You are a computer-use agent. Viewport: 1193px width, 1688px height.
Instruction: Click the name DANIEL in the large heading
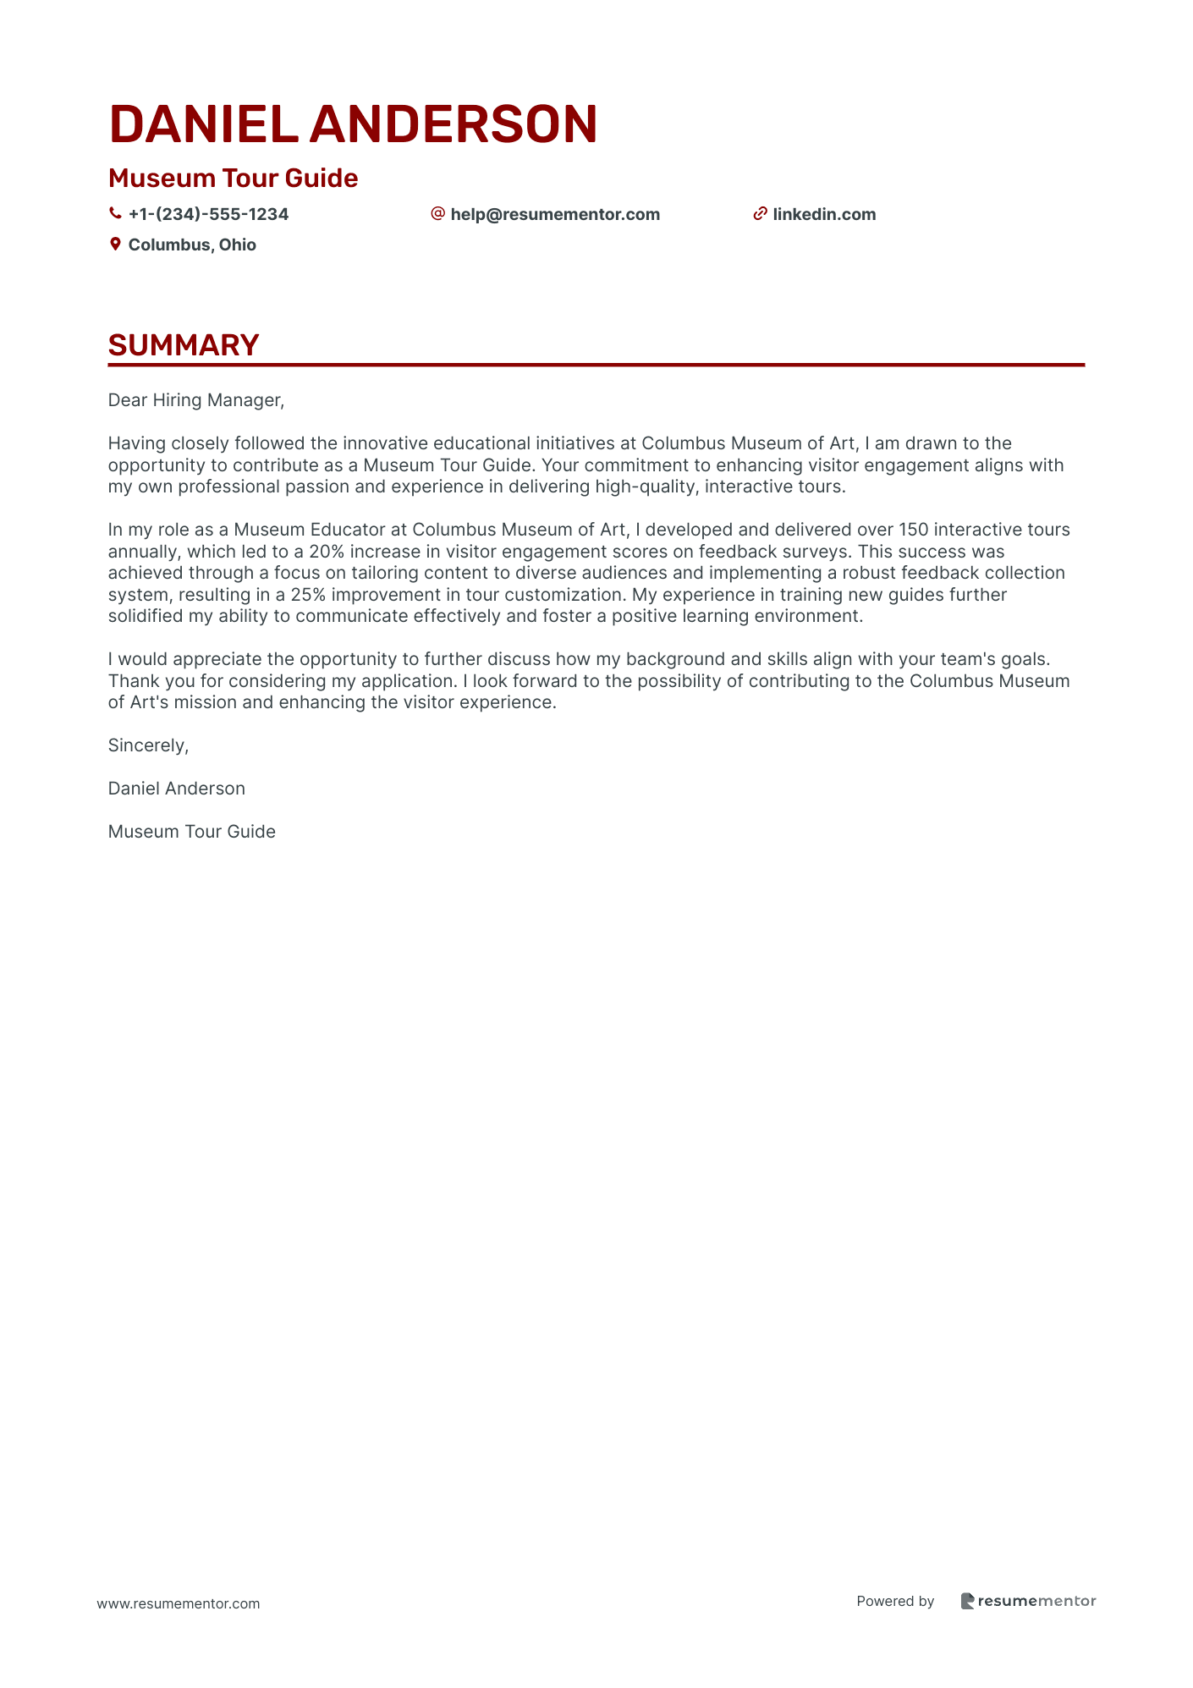coord(203,124)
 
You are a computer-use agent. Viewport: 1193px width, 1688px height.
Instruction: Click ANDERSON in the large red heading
coord(454,124)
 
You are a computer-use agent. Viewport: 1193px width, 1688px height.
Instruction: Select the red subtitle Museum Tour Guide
coord(233,179)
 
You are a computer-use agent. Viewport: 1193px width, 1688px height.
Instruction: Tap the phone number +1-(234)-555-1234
coord(208,215)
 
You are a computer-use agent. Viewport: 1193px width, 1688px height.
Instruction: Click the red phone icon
coord(115,214)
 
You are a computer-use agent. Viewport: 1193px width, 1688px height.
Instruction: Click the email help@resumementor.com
coord(555,215)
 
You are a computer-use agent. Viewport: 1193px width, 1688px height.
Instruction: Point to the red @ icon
coord(437,214)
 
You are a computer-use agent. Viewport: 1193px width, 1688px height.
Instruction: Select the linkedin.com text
coord(824,215)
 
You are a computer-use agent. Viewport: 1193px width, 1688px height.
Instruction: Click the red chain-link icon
coord(760,214)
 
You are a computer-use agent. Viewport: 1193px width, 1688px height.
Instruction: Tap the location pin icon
coord(115,245)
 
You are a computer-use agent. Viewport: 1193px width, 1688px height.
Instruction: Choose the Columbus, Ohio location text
coord(192,245)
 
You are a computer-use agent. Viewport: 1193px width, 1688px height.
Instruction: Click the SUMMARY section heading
coord(184,345)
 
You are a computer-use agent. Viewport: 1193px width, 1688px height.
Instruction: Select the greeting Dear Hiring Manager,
coord(196,400)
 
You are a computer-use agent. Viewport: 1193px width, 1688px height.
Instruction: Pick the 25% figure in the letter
coord(308,595)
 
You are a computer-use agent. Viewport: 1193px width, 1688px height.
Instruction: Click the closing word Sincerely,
coord(148,745)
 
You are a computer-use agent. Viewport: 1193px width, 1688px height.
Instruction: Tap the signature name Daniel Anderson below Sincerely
coord(176,789)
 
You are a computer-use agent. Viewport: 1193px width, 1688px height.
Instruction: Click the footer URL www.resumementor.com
coord(179,1603)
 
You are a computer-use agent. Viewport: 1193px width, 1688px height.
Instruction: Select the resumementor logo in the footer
coord(1028,1601)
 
